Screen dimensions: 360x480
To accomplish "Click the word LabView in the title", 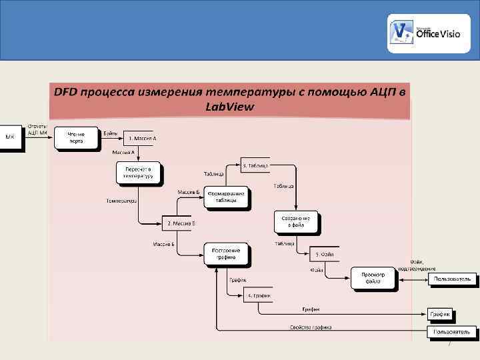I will coord(230,107).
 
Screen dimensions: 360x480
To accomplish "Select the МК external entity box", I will coord(11,137).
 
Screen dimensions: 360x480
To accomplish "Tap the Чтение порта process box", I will coord(75,137).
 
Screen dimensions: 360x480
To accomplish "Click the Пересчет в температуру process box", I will coord(139,173).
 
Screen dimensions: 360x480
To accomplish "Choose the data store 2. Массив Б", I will coord(177,223).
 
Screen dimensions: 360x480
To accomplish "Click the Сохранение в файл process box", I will coord(297,222).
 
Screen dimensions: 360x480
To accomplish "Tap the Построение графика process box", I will coord(227,253).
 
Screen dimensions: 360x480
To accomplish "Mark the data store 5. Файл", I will coord(324,254).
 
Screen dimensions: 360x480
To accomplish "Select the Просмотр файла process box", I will coord(373,278).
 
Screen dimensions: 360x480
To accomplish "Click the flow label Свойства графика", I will coord(311,327).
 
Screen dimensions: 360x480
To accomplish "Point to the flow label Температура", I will coord(121,200).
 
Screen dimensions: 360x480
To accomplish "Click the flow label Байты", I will coord(111,133).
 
